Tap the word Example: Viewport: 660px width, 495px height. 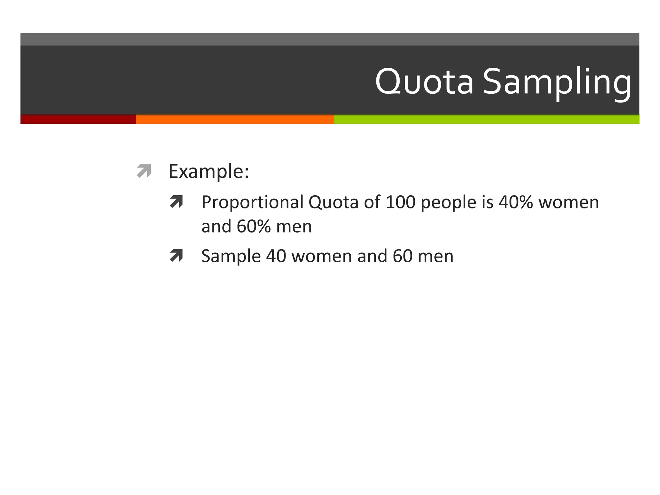tap(209, 171)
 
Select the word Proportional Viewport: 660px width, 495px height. tap(252, 203)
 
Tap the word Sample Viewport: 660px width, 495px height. tap(231, 257)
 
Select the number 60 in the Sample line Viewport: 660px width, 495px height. tap(403, 256)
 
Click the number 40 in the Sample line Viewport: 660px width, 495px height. tap(276, 256)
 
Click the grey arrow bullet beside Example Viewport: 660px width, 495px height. tap(144, 171)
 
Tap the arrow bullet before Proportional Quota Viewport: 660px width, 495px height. tap(176, 202)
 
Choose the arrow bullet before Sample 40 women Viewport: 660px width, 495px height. tap(176, 256)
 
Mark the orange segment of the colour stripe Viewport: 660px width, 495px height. tap(235, 119)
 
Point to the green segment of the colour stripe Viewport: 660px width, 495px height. tap(486, 119)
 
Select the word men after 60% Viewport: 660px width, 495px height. tap(294, 227)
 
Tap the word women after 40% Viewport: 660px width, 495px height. tap(569, 202)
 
